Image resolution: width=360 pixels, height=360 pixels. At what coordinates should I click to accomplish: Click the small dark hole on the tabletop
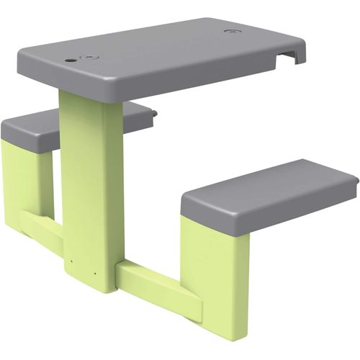69,60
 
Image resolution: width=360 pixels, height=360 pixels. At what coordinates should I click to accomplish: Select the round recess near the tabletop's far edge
231,32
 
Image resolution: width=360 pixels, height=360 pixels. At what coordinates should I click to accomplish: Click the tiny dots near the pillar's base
73,261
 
